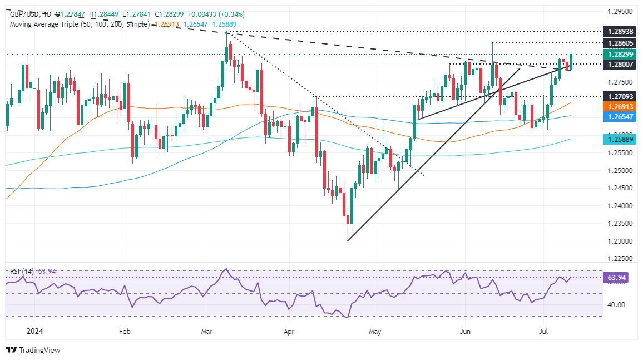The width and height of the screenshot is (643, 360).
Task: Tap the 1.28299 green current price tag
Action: tap(620, 54)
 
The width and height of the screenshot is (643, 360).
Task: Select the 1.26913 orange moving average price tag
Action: tap(620, 105)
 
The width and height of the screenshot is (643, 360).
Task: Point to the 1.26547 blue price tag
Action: tap(620, 116)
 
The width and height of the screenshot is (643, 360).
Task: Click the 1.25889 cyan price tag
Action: tap(620, 139)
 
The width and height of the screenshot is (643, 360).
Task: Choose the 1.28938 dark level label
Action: tap(620, 32)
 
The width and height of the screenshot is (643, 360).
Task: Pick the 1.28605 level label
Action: tap(620, 43)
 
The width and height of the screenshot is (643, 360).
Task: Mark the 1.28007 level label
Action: tap(620, 64)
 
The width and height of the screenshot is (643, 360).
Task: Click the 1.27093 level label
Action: tap(620, 96)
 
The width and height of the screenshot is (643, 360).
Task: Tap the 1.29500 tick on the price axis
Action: tap(620, 11)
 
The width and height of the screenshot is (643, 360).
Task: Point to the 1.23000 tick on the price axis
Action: tap(620, 241)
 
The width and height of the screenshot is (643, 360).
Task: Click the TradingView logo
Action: tap(33, 350)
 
